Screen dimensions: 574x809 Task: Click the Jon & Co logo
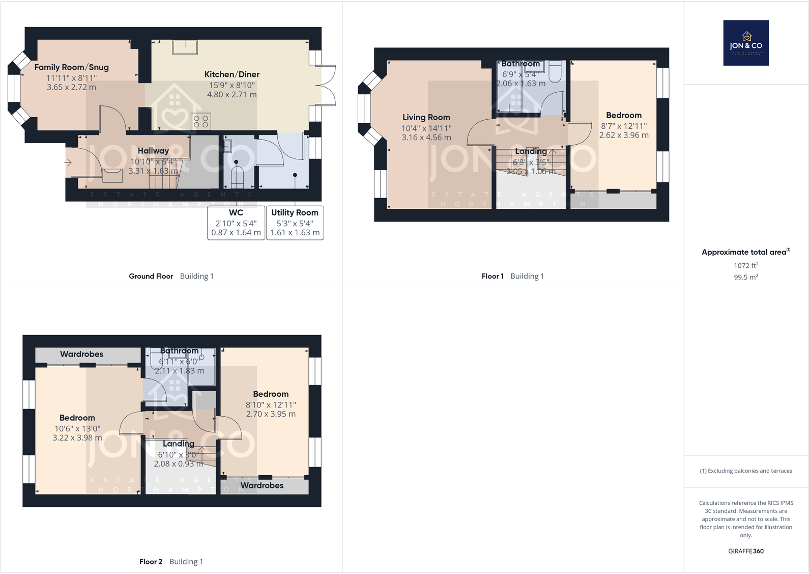(746, 43)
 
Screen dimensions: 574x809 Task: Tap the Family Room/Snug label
(71, 67)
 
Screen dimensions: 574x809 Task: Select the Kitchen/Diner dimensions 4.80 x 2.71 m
(232, 95)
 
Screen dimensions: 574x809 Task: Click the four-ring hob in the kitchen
(201, 121)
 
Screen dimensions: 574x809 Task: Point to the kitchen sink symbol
(185, 47)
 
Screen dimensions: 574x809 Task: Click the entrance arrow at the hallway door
(68, 162)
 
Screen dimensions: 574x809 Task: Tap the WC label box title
(236, 213)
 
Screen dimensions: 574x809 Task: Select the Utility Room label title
(295, 213)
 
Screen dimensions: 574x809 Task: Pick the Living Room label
(426, 118)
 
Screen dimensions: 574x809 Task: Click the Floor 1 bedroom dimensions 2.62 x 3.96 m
(624, 135)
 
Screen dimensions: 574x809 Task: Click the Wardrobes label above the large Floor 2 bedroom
(81, 354)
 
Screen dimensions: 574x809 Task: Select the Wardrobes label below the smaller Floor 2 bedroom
(262, 486)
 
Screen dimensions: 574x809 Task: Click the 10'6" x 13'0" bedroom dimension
(77, 429)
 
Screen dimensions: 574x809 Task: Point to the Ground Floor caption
(151, 277)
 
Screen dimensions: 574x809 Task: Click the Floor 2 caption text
(151, 562)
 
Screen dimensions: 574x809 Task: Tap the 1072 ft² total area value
(746, 266)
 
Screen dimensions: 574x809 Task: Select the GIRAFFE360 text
(746, 551)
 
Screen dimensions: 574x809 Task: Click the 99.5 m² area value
(746, 278)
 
